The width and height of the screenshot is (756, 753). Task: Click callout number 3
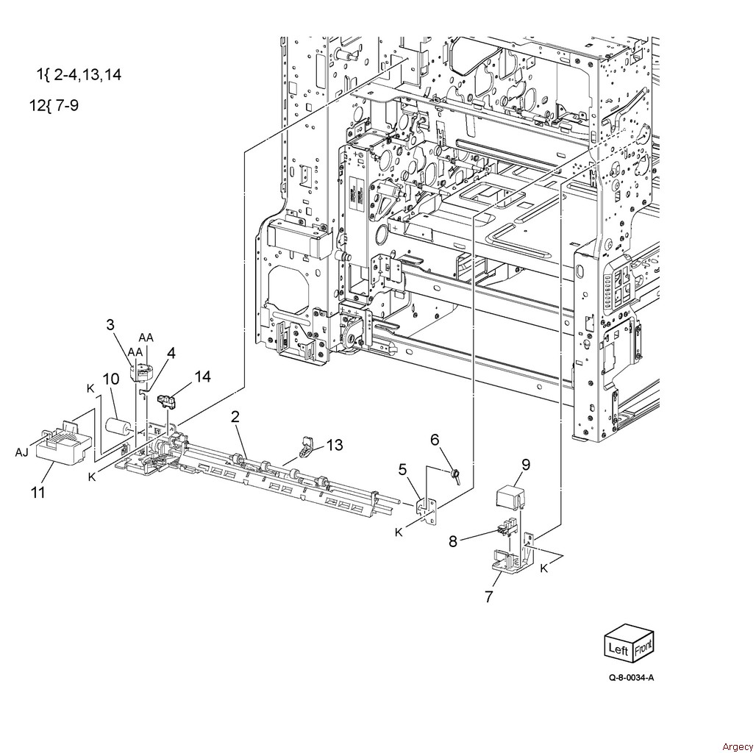pos(110,324)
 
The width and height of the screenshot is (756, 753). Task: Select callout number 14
pos(203,376)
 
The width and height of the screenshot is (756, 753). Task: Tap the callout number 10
pos(111,379)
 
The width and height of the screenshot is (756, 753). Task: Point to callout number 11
pos(38,492)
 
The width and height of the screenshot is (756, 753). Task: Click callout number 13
pos(335,444)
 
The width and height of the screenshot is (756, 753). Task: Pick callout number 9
pos(526,464)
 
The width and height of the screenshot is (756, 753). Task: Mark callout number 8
pos(453,541)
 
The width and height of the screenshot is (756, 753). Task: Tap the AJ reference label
pos(22,452)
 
